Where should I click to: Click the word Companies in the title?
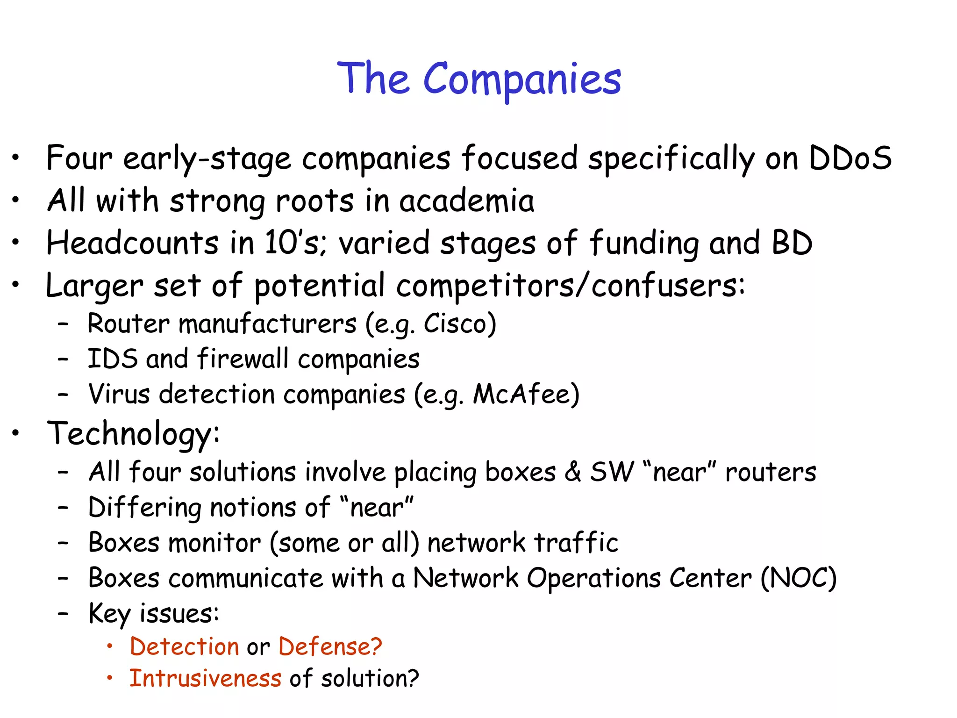point(522,79)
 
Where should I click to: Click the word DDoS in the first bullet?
point(850,158)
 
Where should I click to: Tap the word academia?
point(466,201)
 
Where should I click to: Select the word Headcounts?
point(132,243)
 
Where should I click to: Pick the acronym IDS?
point(113,359)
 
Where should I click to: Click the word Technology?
point(130,434)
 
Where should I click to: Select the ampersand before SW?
point(572,472)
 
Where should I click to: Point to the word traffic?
point(576,543)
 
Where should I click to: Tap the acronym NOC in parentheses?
point(798,578)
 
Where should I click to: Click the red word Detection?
point(185,647)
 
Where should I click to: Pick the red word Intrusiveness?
point(205,678)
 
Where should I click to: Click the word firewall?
point(243,359)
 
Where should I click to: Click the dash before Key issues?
point(63,613)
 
